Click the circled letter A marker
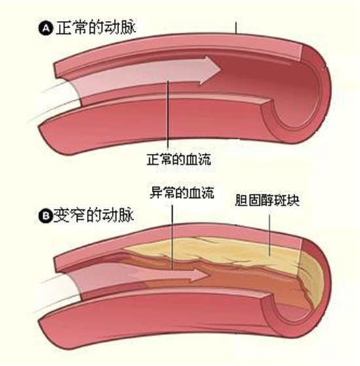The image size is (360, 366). (x=46, y=28)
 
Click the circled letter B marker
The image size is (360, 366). (x=46, y=216)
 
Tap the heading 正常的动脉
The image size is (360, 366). (x=96, y=27)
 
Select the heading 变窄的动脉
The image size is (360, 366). (x=94, y=215)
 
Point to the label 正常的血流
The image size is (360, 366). (x=179, y=159)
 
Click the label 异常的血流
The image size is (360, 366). (x=182, y=192)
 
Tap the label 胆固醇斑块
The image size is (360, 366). (x=267, y=200)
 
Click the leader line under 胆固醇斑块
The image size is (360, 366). (x=270, y=235)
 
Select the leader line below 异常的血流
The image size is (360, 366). (x=172, y=238)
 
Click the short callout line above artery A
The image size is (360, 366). (x=236, y=27)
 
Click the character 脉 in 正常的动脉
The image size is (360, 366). (x=128, y=27)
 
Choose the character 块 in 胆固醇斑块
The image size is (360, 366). (x=293, y=200)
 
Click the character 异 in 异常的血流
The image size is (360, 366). (x=156, y=192)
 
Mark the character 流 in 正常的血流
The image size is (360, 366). (x=205, y=159)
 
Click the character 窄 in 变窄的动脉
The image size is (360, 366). (x=77, y=215)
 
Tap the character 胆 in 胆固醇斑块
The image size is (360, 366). (x=242, y=200)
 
